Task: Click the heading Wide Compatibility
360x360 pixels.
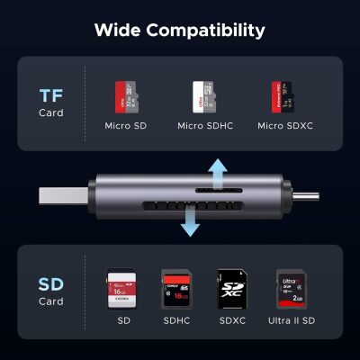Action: pyautogui.click(x=180, y=31)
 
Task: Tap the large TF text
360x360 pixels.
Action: pyautogui.click(x=52, y=95)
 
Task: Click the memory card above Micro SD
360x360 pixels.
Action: pyautogui.click(x=122, y=95)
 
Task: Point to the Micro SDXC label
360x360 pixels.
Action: pyautogui.click(x=284, y=125)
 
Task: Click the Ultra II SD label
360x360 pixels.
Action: pyautogui.click(x=291, y=320)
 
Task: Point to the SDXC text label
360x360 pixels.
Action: pyautogui.click(x=231, y=320)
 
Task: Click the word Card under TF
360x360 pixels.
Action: pyautogui.click(x=51, y=113)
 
